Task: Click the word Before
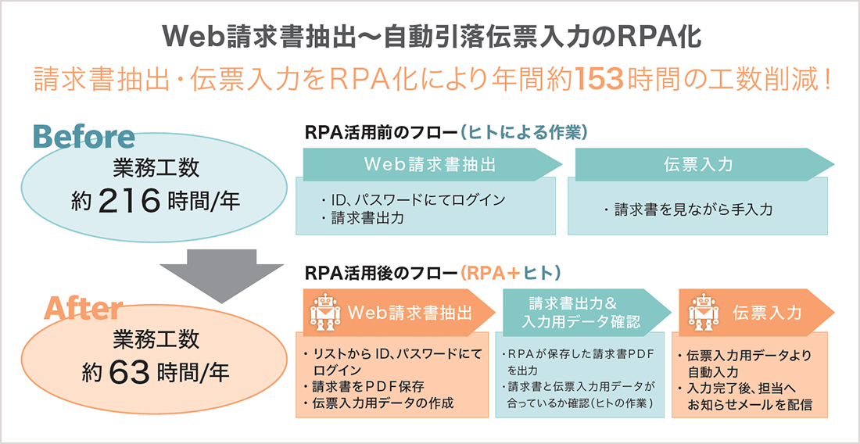pos(84,137)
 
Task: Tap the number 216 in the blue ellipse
pos(130,201)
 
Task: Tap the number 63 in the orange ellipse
pos(130,372)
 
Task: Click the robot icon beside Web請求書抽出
pos(325,312)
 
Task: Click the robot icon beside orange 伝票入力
pos(703,312)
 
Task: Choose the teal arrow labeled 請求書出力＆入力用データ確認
pos(583,312)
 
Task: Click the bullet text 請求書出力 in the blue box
pos(367,218)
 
